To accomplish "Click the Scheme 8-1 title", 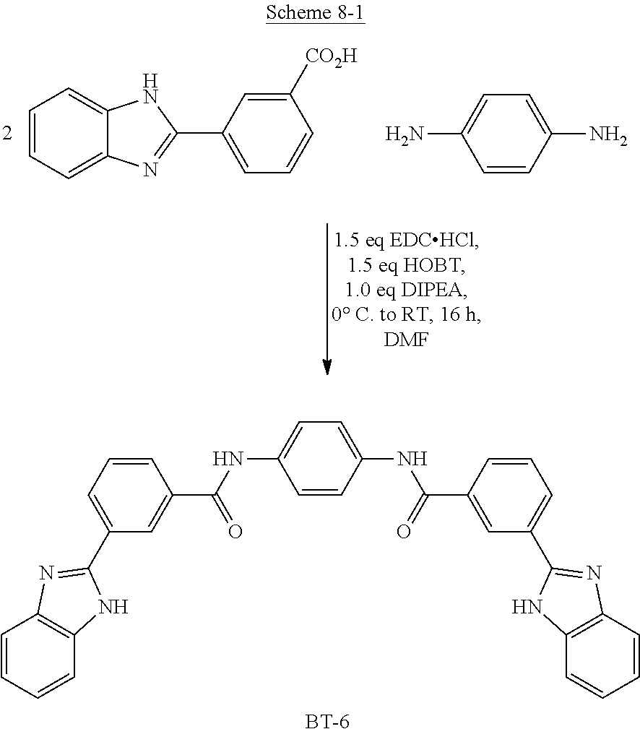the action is point(315,12).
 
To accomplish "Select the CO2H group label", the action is point(331,57).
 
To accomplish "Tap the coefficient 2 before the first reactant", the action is point(7,134).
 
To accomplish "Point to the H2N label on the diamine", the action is point(405,135).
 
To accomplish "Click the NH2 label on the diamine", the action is point(608,135).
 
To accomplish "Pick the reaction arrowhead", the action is point(328,367).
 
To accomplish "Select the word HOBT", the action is point(434,265).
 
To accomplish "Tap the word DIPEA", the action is point(434,290).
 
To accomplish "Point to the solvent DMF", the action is point(406,340).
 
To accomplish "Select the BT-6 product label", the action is point(327,721).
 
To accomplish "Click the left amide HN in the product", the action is point(228,460).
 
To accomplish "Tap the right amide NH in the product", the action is point(412,460).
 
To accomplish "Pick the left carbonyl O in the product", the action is point(235,531).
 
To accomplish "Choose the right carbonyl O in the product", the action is point(404,531).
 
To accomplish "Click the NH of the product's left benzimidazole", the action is point(113,607).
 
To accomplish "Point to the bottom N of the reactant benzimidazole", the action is point(150,171).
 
